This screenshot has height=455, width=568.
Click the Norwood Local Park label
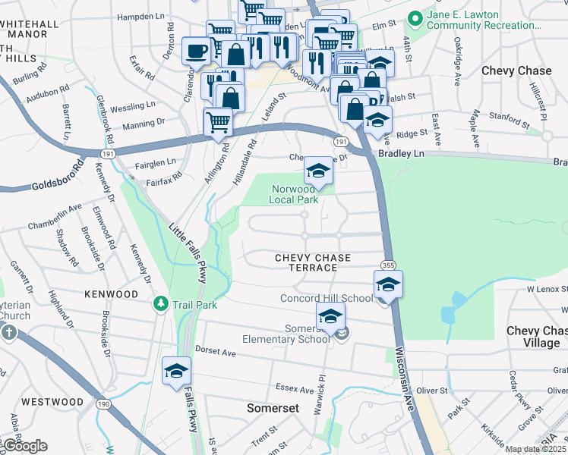tap(292, 194)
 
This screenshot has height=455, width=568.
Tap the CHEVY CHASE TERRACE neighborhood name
tap(305, 263)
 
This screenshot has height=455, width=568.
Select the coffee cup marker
tap(197, 52)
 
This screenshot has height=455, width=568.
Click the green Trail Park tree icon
tap(160, 304)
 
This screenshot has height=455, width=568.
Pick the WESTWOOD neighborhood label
tap(52, 401)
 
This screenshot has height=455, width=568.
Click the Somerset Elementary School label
tap(286, 334)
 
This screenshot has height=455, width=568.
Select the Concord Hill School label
tap(327, 298)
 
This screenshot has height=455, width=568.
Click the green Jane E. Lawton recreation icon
tap(415, 17)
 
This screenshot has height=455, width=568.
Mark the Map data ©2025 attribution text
tap(535, 449)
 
